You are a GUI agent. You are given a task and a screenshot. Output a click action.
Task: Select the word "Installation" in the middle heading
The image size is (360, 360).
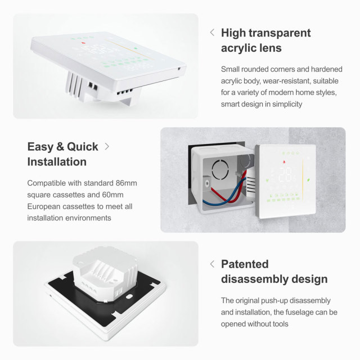click(57, 162)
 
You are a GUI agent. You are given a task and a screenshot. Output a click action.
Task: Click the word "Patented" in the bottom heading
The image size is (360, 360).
click(245, 264)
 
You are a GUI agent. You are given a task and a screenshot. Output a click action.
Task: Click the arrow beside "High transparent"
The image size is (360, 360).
click(212, 33)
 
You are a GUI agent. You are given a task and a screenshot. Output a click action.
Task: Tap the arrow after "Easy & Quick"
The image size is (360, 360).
click(107, 146)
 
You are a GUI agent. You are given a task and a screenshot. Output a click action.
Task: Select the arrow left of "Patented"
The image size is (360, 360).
click(212, 264)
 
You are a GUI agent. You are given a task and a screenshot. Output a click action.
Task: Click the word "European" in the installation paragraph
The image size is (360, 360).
click(47, 206)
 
